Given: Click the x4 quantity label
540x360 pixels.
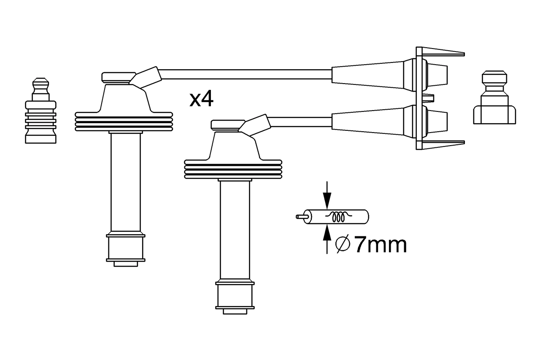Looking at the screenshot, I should [x=201, y=100].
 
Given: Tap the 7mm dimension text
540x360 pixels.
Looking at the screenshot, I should [x=380, y=245].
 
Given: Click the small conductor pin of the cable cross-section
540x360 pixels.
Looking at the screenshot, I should [x=300, y=217].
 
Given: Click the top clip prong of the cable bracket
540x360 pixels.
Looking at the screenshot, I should [x=443, y=52].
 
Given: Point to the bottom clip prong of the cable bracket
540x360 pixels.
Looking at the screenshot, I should [x=443, y=145].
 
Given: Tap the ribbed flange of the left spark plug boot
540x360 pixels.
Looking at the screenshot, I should [x=124, y=122].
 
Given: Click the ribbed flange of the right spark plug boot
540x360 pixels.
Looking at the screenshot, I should [x=233, y=169].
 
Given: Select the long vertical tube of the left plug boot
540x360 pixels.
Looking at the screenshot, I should [x=125, y=181].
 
